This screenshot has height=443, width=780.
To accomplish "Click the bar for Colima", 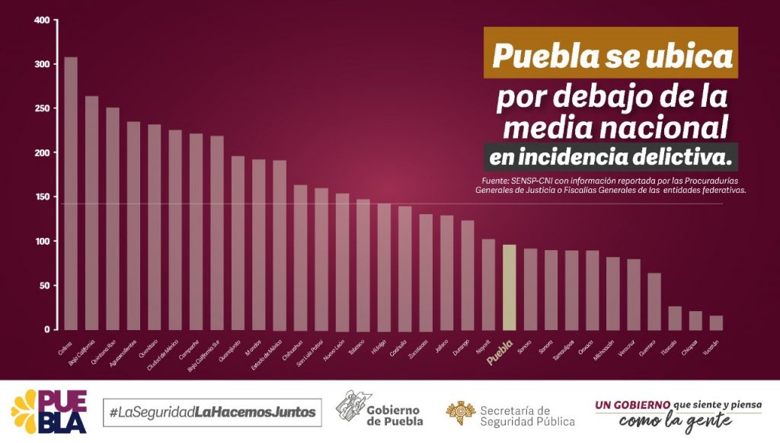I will [x=71, y=194].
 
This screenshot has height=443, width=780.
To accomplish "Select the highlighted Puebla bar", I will [x=510, y=287].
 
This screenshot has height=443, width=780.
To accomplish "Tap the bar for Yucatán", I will [x=716, y=323].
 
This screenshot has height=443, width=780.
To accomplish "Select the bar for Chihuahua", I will [x=300, y=257].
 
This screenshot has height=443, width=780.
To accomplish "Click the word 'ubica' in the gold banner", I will [x=694, y=55].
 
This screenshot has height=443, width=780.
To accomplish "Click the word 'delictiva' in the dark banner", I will [x=689, y=158].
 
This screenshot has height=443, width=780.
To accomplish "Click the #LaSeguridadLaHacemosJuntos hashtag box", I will [x=212, y=412].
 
